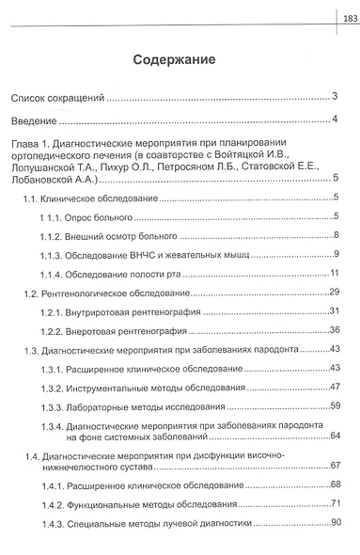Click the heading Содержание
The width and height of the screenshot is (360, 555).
(174, 58)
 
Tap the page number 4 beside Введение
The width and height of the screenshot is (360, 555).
(335, 119)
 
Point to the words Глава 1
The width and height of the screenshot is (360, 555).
(30, 142)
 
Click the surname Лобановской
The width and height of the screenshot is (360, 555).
(46, 177)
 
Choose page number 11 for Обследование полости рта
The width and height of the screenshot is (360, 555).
(333, 273)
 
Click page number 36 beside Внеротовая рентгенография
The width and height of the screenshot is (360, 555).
(333, 331)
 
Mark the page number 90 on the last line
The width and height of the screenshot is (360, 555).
(333, 522)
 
